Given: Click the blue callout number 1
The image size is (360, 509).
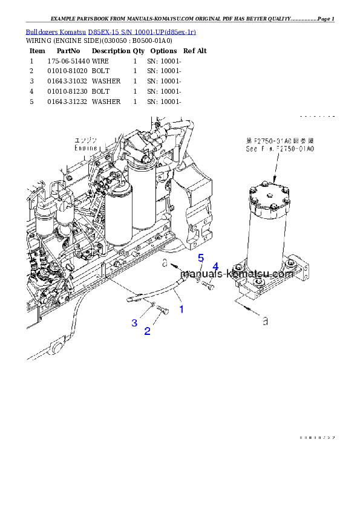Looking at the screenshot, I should [181, 309].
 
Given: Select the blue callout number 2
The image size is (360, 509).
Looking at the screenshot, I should [147, 331].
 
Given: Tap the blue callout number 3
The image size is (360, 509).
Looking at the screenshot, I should [134, 323].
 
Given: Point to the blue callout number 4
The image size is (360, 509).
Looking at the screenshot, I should [215, 267].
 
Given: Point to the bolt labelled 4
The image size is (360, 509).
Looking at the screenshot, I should [208, 285].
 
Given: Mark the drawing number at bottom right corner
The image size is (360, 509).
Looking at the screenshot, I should [316, 437].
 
